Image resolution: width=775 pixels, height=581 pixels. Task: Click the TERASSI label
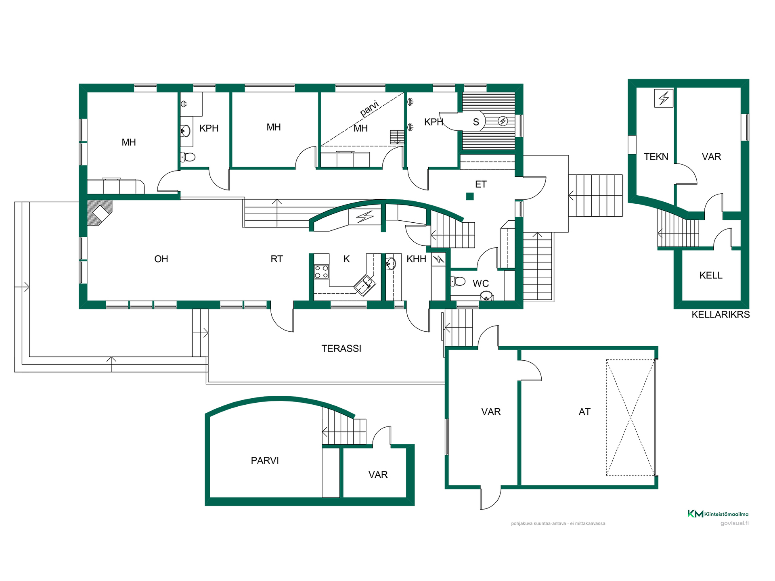[341, 349]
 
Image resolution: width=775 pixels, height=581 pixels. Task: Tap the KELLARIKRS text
[721, 315]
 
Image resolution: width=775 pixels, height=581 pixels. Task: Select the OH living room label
[161, 259]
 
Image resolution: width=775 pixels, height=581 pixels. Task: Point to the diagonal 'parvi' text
[369, 109]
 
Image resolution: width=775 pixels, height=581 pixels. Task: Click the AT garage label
[584, 412]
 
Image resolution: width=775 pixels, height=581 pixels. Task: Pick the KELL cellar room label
[711, 276]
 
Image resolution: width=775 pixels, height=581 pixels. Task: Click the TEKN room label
[656, 157]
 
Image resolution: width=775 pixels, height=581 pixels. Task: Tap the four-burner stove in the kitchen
[322, 272]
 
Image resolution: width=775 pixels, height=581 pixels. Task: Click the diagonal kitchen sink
[364, 285]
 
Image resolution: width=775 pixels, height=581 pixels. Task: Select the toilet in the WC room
[458, 281]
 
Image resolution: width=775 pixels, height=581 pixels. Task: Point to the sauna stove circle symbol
[503, 121]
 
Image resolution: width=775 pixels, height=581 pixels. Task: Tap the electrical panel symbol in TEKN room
[664, 98]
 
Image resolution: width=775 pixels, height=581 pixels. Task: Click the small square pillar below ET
[470, 196]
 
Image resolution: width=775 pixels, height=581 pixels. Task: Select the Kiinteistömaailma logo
[718, 514]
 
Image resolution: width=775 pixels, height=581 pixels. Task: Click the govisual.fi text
[735, 523]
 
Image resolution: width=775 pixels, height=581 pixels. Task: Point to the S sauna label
[476, 122]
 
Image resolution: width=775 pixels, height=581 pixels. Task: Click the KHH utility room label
[416, 259]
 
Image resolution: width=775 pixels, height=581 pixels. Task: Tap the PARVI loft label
[265, 461]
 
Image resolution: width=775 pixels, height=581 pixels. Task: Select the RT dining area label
[276, 259]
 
